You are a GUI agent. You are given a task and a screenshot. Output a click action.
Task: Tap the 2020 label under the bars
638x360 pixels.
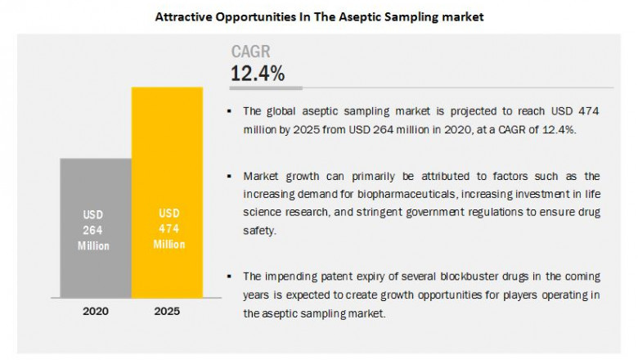click(x=95, y=313)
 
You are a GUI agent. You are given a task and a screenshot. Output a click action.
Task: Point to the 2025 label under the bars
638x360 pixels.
click(x=167, y=313)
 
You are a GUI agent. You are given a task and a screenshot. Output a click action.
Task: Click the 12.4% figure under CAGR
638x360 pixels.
click(x=258, y=74)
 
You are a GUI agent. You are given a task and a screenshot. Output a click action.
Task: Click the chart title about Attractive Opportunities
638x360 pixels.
click(x=320, y=15)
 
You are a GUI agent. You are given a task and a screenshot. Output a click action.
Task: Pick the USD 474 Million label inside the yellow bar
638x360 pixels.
click(x=167, y=228)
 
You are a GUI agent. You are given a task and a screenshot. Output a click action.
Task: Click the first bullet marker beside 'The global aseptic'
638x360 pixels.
click(x=234, y=110)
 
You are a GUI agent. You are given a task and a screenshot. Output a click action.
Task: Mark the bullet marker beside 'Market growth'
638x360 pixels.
click(x=234, y=176)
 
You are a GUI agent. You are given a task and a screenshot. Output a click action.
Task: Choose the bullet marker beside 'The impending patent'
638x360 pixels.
click(x=234, y=276)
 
